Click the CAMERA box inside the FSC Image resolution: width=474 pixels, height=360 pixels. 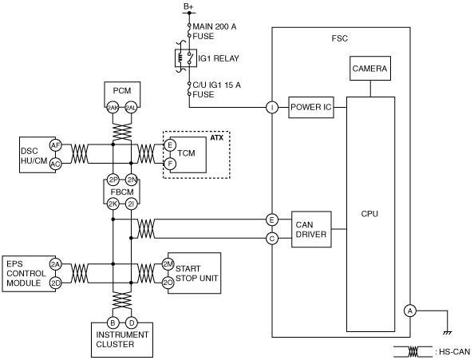coord(370,69)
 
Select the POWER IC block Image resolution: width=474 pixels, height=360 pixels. coord(311,107)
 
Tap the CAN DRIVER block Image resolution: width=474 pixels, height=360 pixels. coord(311,229)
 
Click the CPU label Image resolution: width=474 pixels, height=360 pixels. coord(369,214)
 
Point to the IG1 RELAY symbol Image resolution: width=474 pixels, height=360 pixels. coord(186,58)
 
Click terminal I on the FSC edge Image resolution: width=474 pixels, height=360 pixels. coord(272,107)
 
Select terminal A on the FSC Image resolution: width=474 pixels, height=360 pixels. coord(410,311)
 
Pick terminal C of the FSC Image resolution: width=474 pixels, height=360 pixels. coord(272,239)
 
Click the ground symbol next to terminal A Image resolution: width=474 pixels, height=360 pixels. coord(447,333)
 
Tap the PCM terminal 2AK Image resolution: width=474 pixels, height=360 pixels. coord(113,108)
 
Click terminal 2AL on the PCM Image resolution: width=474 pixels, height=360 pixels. coord(131,108)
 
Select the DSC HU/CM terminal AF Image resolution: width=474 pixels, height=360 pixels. coord(55,146)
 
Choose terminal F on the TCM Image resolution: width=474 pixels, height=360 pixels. coord(170,164)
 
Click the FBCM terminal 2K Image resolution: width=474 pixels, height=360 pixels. coord(113,204)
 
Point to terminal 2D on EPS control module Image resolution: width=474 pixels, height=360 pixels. coord(55,283)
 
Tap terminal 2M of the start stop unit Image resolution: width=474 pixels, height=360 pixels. coord(168,264)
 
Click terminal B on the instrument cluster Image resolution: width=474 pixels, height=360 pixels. coord(113,322)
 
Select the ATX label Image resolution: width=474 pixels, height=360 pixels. coord(217,138)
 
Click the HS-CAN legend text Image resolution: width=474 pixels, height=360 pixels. coord(452,352)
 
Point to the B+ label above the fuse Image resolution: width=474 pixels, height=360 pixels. coord(188,6)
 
